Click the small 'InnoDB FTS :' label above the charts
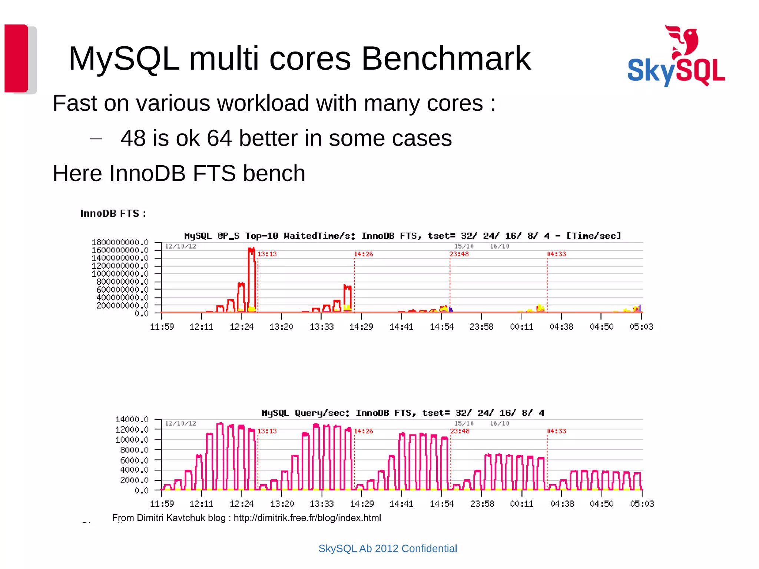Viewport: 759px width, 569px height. click(x=113, y=214)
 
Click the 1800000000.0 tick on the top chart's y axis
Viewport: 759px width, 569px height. click(x=120, y=242)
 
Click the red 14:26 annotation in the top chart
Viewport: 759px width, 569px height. click(x=363, y=254)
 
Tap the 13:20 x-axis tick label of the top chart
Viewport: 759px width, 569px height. click(x=281, y=327)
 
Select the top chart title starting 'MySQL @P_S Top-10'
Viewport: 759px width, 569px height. click(x=402, y=236)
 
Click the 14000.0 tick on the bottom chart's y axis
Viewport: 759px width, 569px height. click(x=132, y=419)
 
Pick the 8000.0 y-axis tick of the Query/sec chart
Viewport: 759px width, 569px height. click(x=134, y=450)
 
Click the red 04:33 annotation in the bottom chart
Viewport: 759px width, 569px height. click(x=556, y=431)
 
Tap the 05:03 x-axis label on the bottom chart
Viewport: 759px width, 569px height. click(x=642, y=504)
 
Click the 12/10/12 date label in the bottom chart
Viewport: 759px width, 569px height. click(x=180, y=423)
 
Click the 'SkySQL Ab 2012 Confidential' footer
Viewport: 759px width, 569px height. click(x=388, y=549)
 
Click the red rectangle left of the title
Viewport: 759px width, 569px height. click(x=16, y=58)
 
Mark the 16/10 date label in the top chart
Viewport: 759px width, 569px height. click(x=499, y=246)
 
